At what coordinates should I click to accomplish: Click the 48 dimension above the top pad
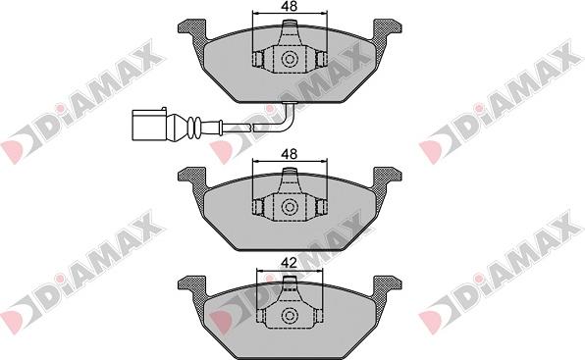click(x=290, y=6)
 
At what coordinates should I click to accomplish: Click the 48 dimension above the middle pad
click(x=290, y=154)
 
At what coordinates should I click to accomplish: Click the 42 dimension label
click(x=290, y=263)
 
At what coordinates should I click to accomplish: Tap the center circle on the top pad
click(x=290, y=59)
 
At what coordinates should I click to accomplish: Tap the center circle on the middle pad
click(x=290, y=207)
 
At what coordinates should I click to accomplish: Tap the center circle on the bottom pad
click(x=290, y=315)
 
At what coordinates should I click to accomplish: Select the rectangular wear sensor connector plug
click(x=149, y=125)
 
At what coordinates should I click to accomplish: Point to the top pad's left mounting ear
click(x=192, y=29)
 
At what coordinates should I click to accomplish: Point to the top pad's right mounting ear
click(x=388, y=29)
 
